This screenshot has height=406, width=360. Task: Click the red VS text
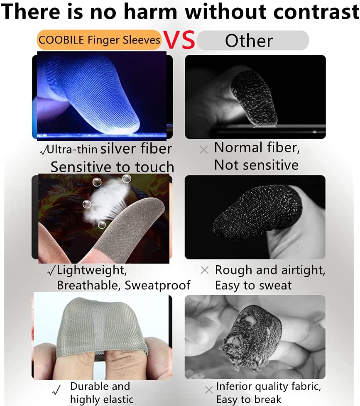pyautogui.click(x=179, y=39)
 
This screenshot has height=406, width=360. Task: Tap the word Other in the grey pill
pyautogui.click(x=249, y=41)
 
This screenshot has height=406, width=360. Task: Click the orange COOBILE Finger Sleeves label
pyautogui.click(x=100, y=40)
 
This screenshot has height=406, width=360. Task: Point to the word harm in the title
pyautogui.click(x=150, y=11)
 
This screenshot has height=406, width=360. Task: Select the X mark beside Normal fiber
pyautogui.click(x=204, y=150)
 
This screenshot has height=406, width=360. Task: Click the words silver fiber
pyautogui.click(x=136, y=149)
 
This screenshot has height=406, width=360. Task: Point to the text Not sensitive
pyautogui.click(x=257, y=165)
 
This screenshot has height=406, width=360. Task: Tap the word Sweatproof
pyautogui.click(x=157, y=285)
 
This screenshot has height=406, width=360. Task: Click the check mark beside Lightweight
pyautogui.click(x=51, y=271)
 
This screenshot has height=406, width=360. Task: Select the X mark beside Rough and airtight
pyautogui.click(x=204, y=270)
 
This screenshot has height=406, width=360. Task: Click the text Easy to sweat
pyautogui.click(x=253, y=285)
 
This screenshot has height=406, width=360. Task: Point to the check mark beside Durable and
pyautogui.click(x=56, y=390)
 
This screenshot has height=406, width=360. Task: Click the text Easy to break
pyautogui.click(x=249, y=399)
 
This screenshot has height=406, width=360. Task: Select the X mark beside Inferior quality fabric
pyautogui.click(x=209, y=390)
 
